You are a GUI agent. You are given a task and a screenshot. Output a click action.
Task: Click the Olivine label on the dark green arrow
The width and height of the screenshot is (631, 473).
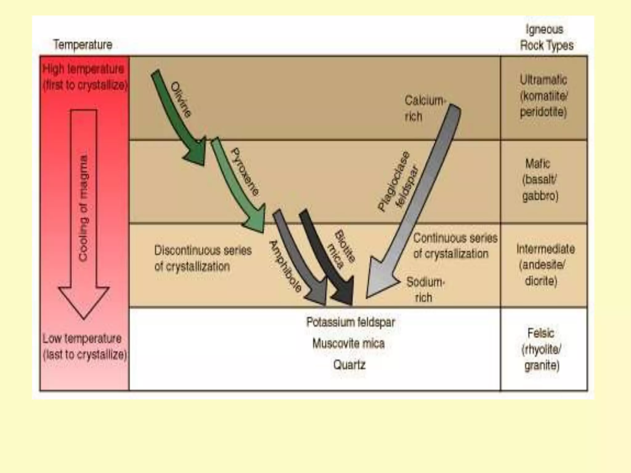point(181,99)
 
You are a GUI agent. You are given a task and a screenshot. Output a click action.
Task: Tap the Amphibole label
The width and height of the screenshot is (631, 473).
point(285,266)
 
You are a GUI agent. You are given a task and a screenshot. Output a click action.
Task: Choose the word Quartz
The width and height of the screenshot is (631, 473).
point(349,365)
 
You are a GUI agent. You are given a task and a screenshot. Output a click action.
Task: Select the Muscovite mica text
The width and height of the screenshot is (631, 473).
point(348,343)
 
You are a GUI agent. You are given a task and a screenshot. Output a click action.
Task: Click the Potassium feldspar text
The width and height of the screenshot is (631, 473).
point(350,322)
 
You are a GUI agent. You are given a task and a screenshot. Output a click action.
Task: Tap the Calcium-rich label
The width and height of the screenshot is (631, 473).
point(424,108)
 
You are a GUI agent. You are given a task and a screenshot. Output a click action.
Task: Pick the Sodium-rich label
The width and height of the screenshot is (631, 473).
point(425,289)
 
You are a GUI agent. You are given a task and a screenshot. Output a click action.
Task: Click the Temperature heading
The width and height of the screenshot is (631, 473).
point(83,45)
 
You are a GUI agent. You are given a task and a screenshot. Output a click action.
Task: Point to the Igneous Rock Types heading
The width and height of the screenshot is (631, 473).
point(546,38)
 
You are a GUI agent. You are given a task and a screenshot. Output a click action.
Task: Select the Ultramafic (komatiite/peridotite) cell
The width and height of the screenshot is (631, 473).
point(543,96)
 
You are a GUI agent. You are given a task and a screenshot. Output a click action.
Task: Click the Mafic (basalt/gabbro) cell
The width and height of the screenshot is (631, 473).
point(540,180)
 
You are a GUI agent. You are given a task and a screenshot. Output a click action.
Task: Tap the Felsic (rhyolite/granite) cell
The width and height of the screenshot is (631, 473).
point(542,349)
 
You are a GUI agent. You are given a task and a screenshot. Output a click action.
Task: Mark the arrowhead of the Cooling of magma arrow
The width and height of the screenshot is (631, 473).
point(83,300)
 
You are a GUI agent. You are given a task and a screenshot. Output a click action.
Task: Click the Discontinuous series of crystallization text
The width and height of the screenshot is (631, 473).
point(202,258)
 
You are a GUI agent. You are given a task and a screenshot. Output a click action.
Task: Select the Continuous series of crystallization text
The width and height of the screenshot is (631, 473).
point(454,246)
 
